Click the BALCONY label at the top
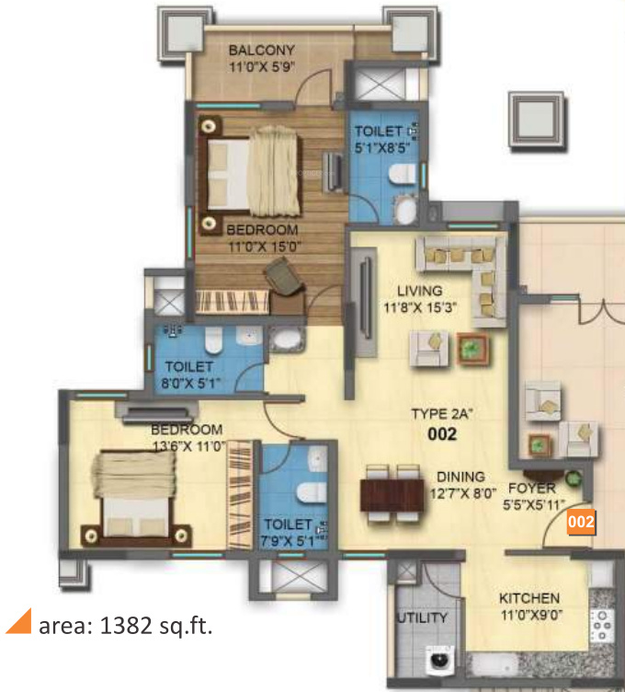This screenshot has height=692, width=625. (x=261, y=57)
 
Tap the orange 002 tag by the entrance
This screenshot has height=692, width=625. (x=580, y=522)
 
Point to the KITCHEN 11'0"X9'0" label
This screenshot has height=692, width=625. (x=528, y=605)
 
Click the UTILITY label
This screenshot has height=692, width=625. (x=422, y=617)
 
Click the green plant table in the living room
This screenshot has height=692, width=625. (x=472, y=347)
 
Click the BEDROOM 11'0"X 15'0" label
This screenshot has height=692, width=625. (x=262, y=236)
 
